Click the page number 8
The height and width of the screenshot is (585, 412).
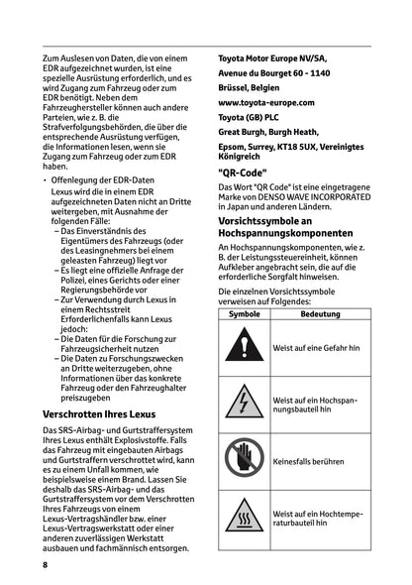pyautogui.click(x=45, y=564)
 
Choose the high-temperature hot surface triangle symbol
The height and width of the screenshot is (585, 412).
pyautogui.click(x=244, y=517)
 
